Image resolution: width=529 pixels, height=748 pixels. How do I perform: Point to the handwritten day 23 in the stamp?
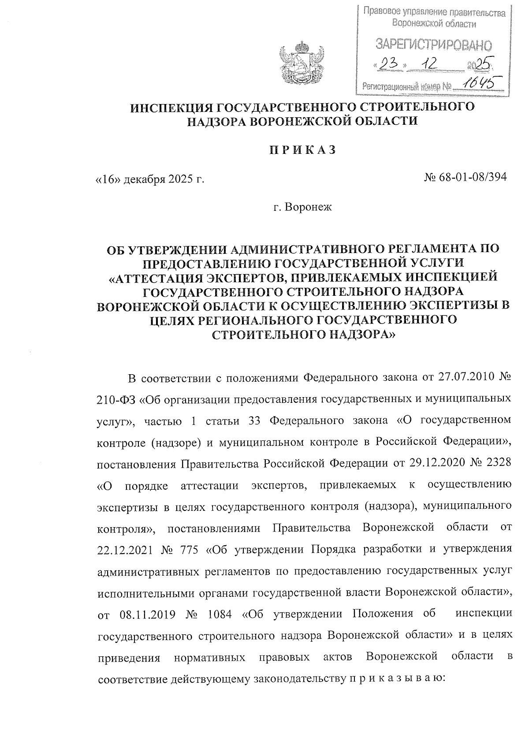tap(389, 65)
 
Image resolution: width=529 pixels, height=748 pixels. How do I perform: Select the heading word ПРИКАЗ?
tap(302, 150)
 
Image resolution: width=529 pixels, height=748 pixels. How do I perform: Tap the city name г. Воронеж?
tap(302, 206)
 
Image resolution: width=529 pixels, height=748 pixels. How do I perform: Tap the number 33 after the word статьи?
tap(255, 421)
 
